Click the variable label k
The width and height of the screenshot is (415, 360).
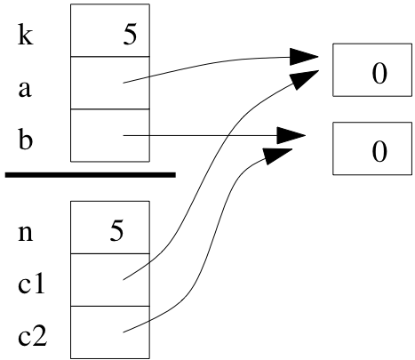(26, 36)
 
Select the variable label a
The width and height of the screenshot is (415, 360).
(25, 89)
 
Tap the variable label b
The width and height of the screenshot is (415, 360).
(25, 139)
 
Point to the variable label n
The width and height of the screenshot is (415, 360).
(26, 233)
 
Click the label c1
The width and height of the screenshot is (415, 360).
(31, 284)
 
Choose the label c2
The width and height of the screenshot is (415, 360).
(33, 336)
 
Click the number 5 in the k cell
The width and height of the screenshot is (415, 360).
(130, 36)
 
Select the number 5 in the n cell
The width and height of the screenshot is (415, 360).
(116, 232)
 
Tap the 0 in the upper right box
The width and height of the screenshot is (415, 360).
(379, 74)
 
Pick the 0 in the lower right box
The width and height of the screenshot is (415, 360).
(379, 152)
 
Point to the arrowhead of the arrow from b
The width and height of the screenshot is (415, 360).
(291, 136)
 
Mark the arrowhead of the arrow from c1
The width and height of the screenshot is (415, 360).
(305, 79)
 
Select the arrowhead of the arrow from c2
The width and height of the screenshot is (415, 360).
(278, 156)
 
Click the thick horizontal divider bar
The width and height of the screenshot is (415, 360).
(91, 175)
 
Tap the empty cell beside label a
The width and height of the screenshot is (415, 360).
(110, 83)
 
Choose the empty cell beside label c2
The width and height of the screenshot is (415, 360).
(110, 332)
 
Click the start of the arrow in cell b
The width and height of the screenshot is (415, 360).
(124, 136)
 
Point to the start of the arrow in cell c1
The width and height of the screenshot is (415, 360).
(124, 280)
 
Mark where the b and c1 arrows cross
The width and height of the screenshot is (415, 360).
(227, 136)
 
